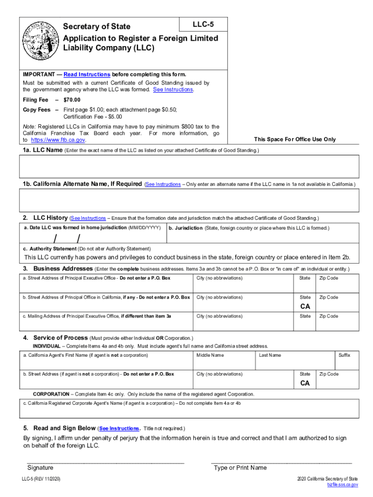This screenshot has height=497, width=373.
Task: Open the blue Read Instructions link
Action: [x=87, y=74]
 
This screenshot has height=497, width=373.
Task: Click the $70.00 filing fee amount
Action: [x=72, y=100]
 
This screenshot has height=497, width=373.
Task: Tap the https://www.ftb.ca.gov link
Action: [x=58, y=140]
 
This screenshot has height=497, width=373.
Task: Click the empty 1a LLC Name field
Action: [x=189, y=167]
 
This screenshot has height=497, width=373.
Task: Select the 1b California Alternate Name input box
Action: [x=189, y=201]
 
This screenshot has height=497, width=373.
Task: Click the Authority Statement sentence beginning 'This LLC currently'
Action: [x=187, y=257]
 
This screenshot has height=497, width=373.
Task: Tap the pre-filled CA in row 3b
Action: [x=305, y=307]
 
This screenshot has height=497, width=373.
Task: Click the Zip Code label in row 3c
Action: [x=328, y=316]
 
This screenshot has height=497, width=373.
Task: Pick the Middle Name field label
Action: [x=210, y=355]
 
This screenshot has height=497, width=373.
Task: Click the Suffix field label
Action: [x=344, y=355]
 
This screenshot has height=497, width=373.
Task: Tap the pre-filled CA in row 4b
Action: [x=305, y=383]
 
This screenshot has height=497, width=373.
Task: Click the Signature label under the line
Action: [x=40, y=468]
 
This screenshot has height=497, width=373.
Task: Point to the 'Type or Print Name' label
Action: [x=240, y=468]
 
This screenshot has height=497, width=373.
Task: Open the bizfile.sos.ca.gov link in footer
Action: [x=342, y=485]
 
